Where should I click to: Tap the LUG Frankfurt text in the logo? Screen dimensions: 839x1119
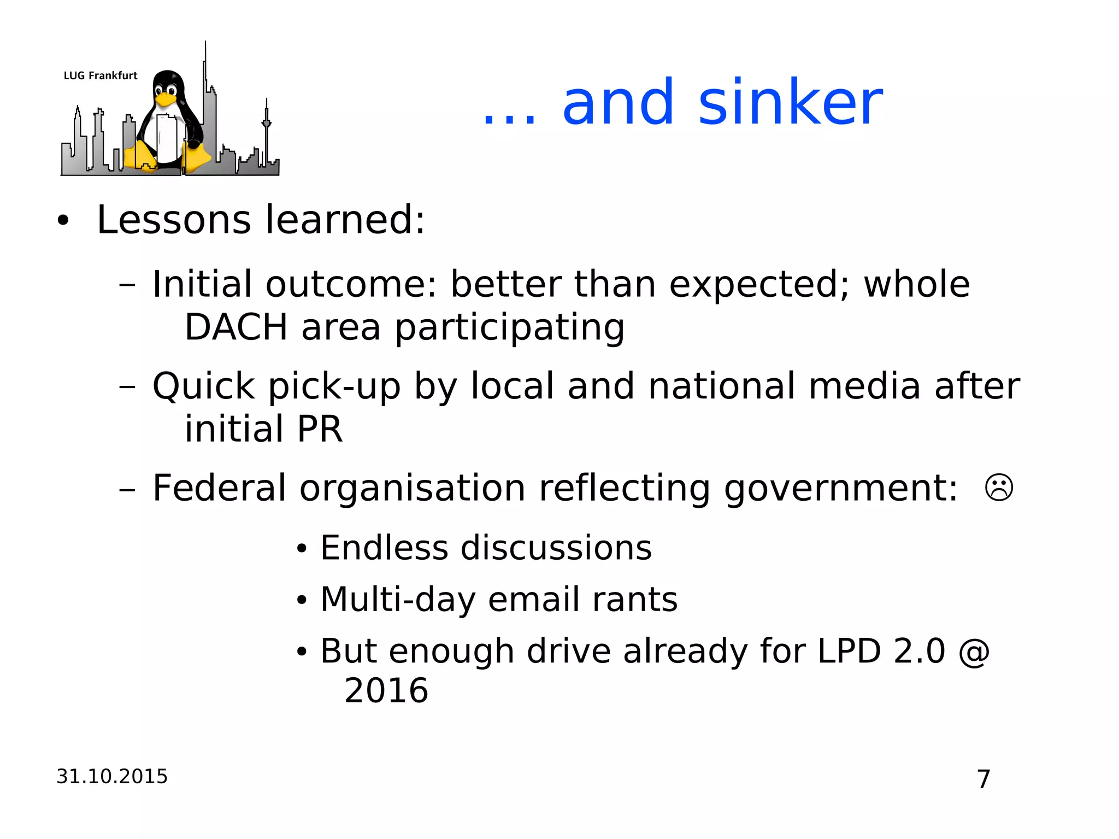click(101, 76)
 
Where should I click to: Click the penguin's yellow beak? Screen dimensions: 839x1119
click(164, 99)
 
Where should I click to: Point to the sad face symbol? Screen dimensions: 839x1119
click(999, 488)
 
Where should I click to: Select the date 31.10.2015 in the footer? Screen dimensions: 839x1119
click(112, 776)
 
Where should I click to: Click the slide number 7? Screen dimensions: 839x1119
click(983, 779)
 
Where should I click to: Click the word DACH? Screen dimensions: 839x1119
click(236, 327)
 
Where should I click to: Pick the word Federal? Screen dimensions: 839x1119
click(219, 488)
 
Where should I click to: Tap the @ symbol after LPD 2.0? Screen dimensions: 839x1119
click(974, 651)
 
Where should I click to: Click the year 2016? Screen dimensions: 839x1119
click(386, 690)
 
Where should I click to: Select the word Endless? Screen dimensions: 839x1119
click(384, 548)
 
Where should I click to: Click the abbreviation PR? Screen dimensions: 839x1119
click(319, 429)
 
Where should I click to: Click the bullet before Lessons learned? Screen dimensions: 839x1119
click(63, 221)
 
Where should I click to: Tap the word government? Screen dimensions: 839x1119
click(840, 488)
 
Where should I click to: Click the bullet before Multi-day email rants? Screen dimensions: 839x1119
click(302, 601)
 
